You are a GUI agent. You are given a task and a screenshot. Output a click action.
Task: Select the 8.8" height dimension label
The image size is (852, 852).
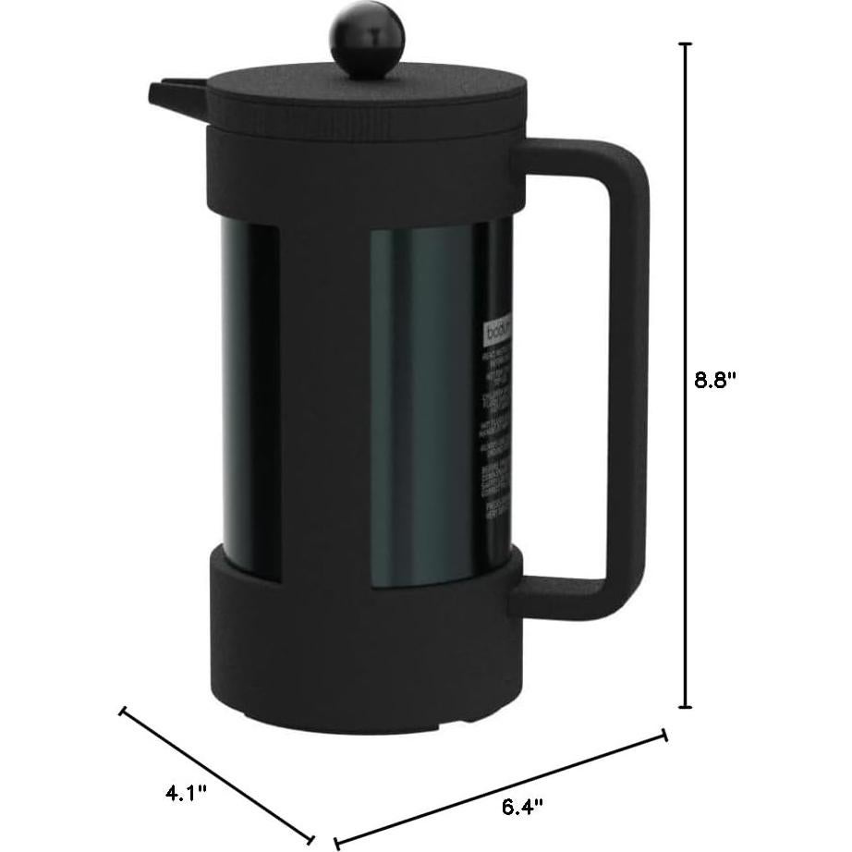tap(720, 381)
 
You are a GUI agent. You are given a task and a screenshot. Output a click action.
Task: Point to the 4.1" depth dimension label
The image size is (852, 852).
tap(185, 766)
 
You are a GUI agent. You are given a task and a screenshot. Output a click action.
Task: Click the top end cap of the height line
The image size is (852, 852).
tap(686, 43)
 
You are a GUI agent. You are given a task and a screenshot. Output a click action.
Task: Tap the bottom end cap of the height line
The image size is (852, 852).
tap(686, 707)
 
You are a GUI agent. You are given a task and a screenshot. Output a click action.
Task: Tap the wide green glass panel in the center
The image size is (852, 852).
tap(420, 407)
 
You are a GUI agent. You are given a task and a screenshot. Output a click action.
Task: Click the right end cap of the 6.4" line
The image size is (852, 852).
tap(664, 736)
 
